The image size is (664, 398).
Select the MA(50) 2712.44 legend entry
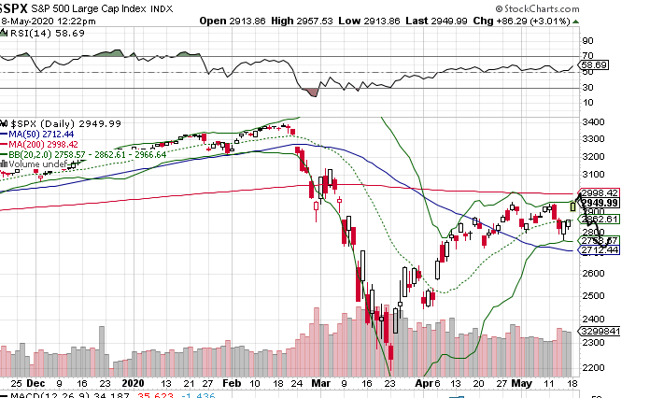[x=43, y=134]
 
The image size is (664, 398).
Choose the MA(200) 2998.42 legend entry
[x=46, y=144]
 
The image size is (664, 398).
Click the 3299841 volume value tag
[x=625, y=332]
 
